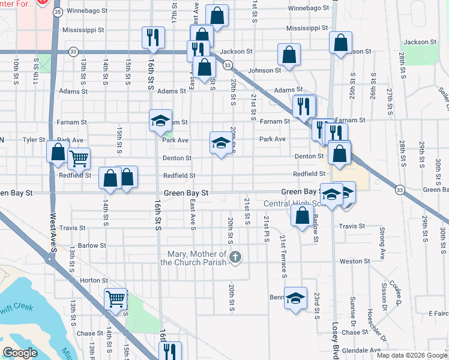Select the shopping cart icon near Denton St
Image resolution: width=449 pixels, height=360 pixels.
pyautogui.click(x=79, y=158)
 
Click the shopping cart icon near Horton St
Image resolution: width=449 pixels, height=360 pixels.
pyautogui.click(x=116, y=298)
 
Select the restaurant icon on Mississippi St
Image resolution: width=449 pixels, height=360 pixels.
pyautogui.click(x=153, y=37)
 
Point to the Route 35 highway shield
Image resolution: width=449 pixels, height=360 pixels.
pyautogui.click(x=57, y=11)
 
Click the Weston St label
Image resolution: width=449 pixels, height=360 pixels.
pyautogui.click(x=355, y=262)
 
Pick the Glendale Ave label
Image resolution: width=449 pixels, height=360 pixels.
pyautogui.click(x=367, y=350)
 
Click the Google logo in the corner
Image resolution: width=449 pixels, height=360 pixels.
pyautogui.click(x=20, y=353)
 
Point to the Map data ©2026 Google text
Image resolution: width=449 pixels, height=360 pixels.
pyautogui.click(x=411, y=355)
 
